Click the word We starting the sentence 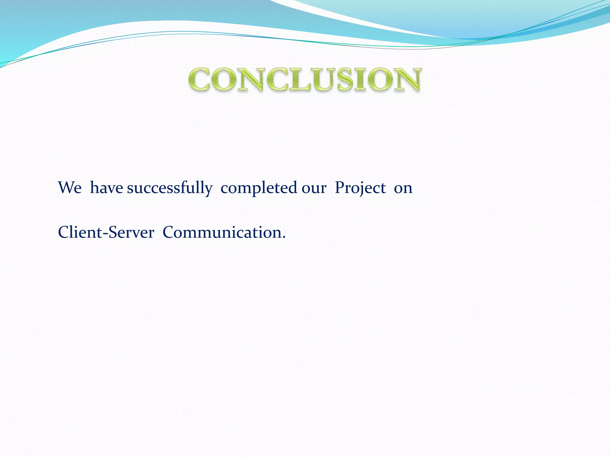70,188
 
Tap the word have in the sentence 106,188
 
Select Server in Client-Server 131,232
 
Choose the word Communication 222,232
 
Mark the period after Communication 283,237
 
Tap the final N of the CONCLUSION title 407,79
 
